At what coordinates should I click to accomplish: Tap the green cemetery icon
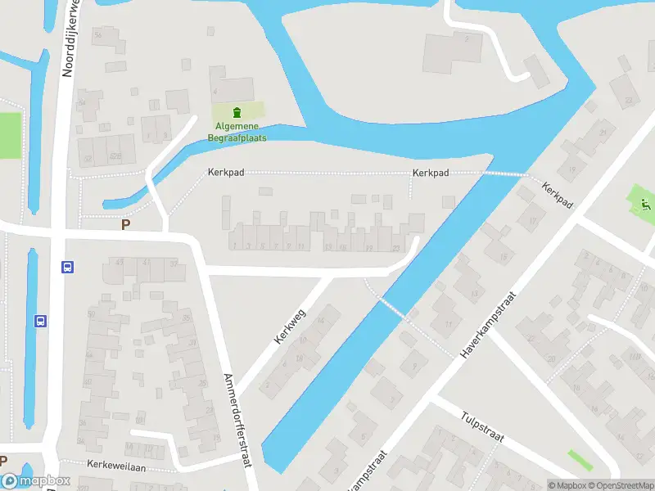click(x=237, y=112)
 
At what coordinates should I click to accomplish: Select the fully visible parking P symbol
click(x=125, y=224)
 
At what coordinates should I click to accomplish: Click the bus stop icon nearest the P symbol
click(x=67, y=267)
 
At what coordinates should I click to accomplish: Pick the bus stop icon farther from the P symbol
click(x=39, y=321)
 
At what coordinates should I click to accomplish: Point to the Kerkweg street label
click(x=290, y=326)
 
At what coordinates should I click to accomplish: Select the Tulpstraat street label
click(x=483, y=426)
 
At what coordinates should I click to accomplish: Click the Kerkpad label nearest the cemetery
click(x=225, y=173)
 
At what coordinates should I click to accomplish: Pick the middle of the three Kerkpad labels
click(x=431, y=173)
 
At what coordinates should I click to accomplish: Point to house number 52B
click(x=115, y=155)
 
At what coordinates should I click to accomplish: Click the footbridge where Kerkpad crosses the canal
click(x=504, y=173)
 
